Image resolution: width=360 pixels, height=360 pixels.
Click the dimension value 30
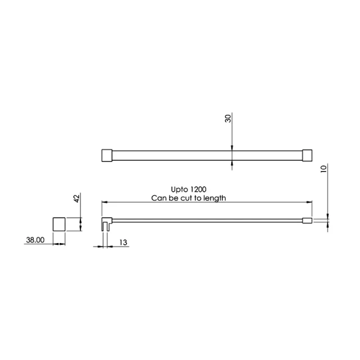point(228,119)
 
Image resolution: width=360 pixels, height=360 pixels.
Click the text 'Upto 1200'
point(188,190)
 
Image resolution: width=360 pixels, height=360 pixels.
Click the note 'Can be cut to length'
point(188,198)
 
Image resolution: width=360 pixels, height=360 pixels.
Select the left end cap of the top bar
point(107,155)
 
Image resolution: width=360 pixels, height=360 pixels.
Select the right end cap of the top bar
point(307,155)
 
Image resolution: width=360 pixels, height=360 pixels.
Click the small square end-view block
point(59,224)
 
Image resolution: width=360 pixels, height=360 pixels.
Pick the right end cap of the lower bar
point(307,221)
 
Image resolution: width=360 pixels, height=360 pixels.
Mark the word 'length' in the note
point(214,198)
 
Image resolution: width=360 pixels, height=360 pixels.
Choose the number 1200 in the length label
point(197,190)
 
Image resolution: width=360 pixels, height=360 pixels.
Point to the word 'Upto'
point(178,190)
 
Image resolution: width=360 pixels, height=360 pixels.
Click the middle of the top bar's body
point(207,155)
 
